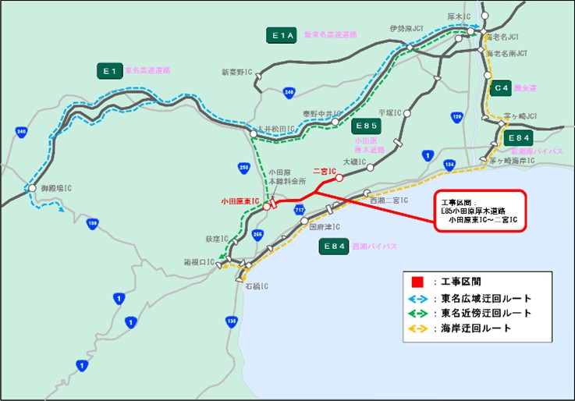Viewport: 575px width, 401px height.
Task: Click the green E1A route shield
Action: click(281, 35)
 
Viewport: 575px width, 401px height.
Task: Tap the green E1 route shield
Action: click(110, 71)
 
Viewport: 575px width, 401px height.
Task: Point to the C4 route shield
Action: click(500, 87)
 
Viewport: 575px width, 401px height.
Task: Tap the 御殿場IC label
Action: click(57, 188)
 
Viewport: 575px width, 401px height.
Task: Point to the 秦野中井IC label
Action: click(319, 113)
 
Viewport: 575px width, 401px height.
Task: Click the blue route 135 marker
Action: click(231, 321)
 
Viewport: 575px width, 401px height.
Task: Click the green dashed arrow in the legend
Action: click(418, 313)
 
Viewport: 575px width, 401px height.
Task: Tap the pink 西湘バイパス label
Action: click(371, 246)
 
